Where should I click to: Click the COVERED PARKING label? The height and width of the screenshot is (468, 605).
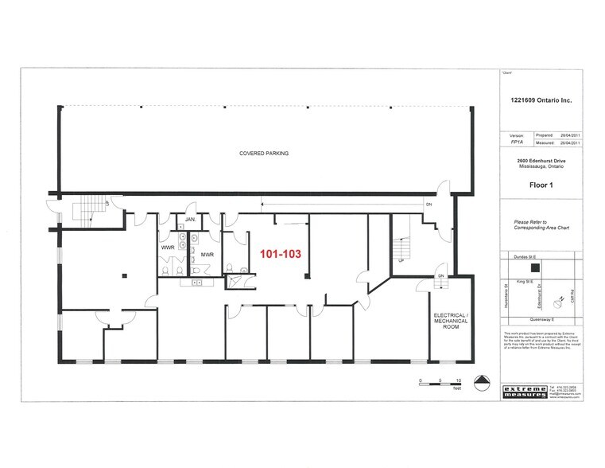[x=265, y=152]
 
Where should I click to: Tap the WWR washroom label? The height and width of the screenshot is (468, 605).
[x=168, y=248]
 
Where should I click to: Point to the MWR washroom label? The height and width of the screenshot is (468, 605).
[x=207, y=255]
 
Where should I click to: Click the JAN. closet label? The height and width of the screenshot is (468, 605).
[x=190, y=219]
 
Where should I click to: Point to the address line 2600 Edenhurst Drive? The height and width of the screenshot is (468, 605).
[x=541, y=160]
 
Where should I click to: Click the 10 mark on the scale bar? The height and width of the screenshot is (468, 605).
[x=459, y=381]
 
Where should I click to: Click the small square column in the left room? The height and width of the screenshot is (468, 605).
[x=124, y=276]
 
